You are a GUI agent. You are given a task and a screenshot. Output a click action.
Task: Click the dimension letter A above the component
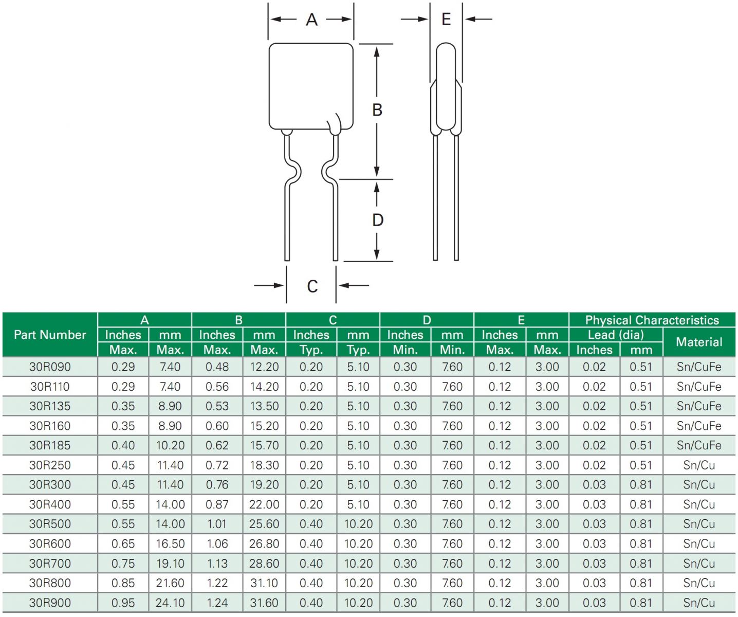pos(311,20)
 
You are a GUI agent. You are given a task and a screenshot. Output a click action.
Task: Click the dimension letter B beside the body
pos(377,110)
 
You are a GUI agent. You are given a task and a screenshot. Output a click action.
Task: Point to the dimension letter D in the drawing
pos(378,220)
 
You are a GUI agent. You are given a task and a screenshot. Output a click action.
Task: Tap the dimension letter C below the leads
pos(312,286)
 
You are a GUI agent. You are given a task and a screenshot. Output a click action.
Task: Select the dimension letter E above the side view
pos(446,20)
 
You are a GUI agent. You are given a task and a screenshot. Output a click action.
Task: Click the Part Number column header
pos(50,335)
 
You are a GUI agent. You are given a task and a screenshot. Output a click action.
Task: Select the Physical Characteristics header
pos(652,320)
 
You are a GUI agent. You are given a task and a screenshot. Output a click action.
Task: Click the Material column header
pos(699,342)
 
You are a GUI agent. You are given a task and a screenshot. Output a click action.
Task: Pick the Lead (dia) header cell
pos(616,335)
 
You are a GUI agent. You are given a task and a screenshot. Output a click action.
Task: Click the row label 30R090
pos(50,367)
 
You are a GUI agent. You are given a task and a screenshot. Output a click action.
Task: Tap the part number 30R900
pos(50,603)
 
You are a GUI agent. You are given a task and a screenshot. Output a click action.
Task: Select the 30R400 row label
pos(50,504)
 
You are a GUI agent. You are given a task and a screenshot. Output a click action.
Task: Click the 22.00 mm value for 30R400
pos(264,504)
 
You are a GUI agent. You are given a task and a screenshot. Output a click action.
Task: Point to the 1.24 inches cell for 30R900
pos(217,603)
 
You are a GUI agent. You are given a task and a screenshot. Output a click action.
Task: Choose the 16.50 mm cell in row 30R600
pos(170,543)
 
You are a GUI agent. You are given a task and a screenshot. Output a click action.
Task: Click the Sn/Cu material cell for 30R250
pos(699,465)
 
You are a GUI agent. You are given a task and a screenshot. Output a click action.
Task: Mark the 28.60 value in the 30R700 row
pos(264,564)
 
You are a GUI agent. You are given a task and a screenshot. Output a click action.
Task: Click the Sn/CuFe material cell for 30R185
pos(699,445)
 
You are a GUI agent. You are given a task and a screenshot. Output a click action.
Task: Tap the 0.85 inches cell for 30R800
pos(123,583)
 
